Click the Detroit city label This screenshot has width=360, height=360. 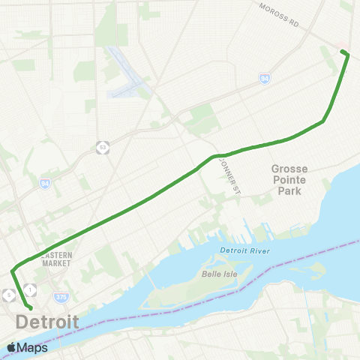(47, 322)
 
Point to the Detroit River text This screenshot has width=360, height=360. (244, 250)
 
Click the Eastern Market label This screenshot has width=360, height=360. (56, 259)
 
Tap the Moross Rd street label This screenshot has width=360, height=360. (279, 15)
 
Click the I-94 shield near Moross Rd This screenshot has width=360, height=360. (265, 76)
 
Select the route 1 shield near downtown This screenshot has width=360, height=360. (29, 289)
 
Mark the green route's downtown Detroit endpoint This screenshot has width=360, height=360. (31, 307)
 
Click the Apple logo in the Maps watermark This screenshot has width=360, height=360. (11, 347)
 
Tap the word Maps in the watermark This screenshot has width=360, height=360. (33, 347)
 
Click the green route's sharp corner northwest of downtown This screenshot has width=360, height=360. (12, 271)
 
